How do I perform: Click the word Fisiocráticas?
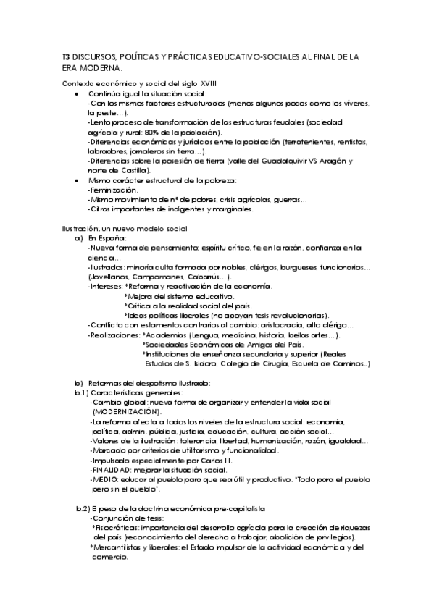[x=117, y=527]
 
